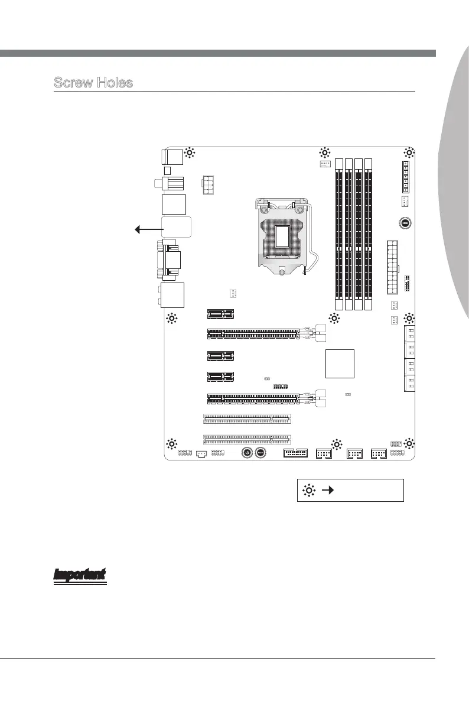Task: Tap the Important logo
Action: tap(80, 576)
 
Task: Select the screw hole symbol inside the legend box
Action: tap(310, 490)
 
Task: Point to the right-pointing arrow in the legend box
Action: tap(328, 490)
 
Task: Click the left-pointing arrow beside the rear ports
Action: tap(149, 229)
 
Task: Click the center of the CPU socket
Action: tap(283, 235)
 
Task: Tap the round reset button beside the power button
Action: tap(261, 452)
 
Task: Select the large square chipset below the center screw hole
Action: tap(340, 364)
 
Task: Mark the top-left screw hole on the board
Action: tap(190, 153)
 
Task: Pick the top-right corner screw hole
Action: tap(408, 153)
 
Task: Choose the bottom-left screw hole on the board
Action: tap(171, 443)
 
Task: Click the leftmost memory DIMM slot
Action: tap(340, 233)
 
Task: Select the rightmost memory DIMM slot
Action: tap(368, 233)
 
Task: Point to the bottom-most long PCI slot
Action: tap(247, 439)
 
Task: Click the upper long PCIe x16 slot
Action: tap(253, 334)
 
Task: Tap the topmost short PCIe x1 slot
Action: tap(221, 314)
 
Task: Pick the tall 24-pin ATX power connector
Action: tap(393, 268)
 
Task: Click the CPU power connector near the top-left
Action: tap(209, 184)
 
